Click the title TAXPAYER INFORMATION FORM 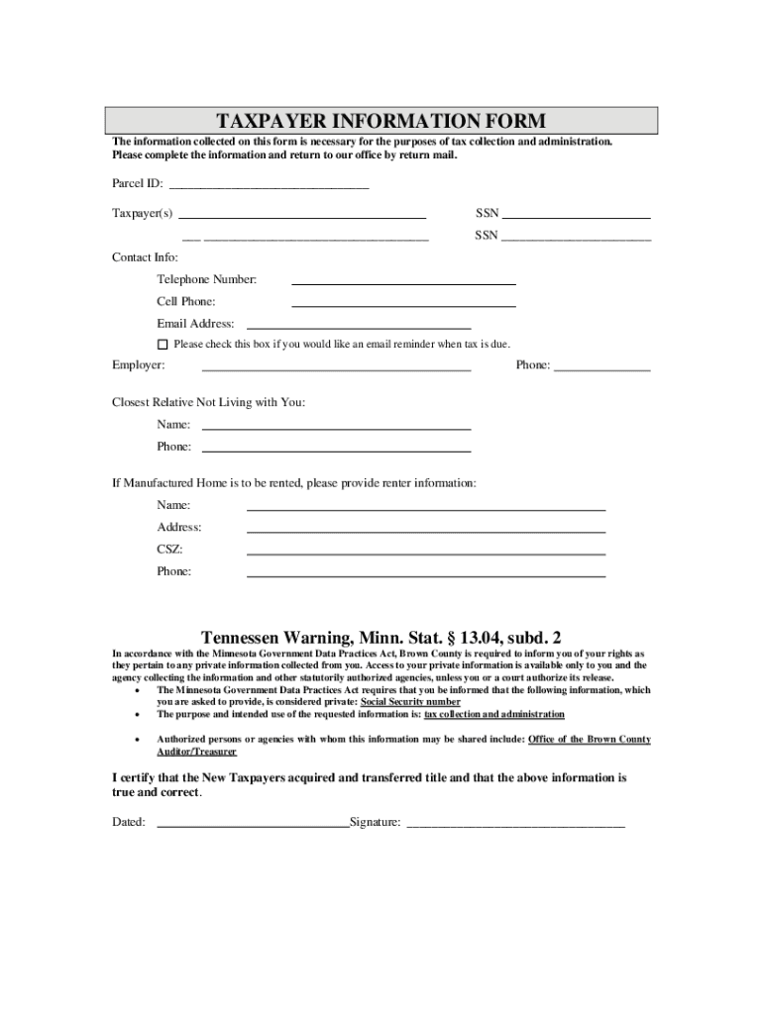(x=381, y=121)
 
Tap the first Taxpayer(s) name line (x=301, y=215)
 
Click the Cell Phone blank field (x=403, y=304)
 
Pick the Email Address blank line (x=358, y=326)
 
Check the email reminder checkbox (x=163, y=345)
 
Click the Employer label (x=138, y=365)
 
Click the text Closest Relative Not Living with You (x=208, y=402)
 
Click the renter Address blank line (x=425, y=530)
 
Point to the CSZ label (x=169, y=550)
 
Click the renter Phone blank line (x=425, y=574)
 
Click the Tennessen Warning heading (x=381, y=637)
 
